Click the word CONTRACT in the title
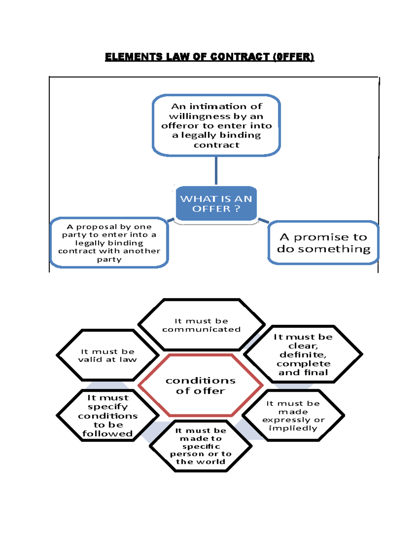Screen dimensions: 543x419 pos(240,57)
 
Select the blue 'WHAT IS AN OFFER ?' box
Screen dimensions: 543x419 pos(216,203)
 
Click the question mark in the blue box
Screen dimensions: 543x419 pos(237,209)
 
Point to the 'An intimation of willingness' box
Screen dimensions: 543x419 pos(216,125)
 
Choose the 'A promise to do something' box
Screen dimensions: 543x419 pos(323,243)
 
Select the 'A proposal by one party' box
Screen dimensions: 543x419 pos(109,243)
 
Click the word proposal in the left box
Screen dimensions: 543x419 pos(97,227)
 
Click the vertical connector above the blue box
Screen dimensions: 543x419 pos(216,170)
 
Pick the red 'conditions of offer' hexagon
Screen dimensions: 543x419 pos(200,385)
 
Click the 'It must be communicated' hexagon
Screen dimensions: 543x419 pos(201,325)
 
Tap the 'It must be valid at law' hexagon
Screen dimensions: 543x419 pos(108,355)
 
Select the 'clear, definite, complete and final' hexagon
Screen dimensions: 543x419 pos(303,355)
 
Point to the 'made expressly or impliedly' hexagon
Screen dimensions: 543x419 pos(293,415)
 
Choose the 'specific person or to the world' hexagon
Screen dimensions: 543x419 pos(201,446)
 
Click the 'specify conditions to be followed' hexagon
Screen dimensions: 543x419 pos(108,415)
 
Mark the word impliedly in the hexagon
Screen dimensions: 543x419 pos(293,428)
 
